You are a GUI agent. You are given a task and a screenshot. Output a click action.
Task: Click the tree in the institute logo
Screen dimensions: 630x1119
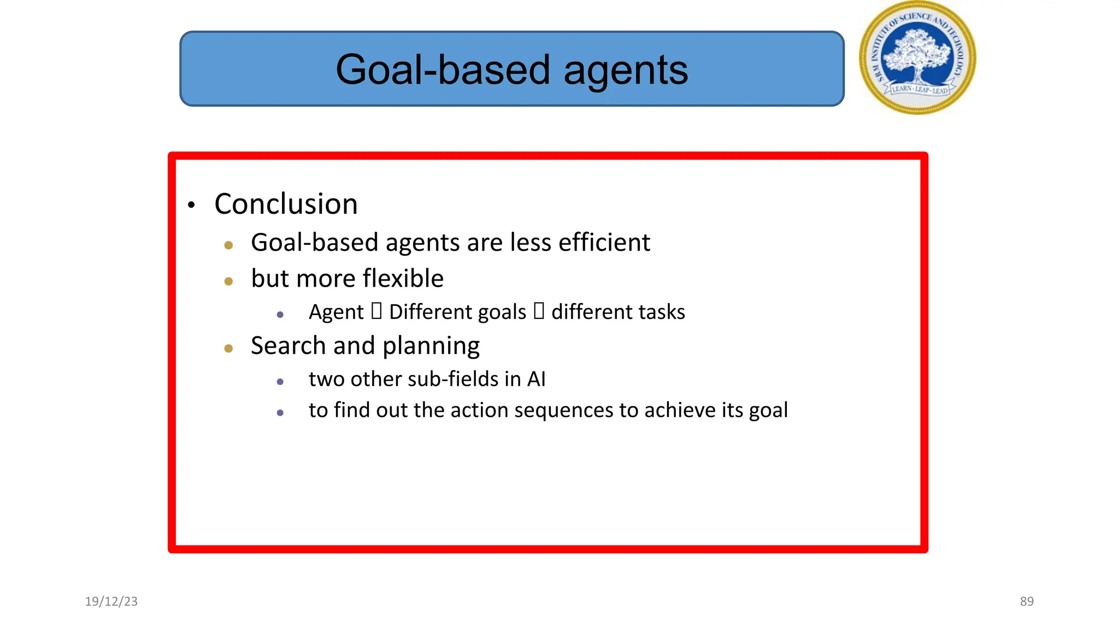[x=917, y=55]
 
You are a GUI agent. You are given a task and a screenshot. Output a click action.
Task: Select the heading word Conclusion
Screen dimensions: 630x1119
[x=286, y=204]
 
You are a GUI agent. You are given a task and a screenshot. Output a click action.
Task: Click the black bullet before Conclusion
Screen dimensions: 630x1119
[x=191, y=206]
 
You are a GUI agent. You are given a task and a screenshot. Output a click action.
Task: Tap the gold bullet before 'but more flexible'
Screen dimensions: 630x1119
[x=228, y=282]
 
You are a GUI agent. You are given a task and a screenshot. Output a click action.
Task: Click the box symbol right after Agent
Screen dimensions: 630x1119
[x=376, y=311]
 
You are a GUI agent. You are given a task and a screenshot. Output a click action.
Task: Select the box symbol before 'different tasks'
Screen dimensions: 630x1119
[x=539, y=311]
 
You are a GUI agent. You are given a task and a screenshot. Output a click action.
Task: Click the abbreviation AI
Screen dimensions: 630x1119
[x=536, y=379]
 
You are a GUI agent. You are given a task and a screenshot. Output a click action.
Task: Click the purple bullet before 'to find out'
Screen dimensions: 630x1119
[x=280, y=413]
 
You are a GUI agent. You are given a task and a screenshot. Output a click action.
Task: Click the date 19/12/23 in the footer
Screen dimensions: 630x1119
[x=111, y=602]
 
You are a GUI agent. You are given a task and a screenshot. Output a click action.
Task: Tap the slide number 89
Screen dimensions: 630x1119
[x=1027, y=602]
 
